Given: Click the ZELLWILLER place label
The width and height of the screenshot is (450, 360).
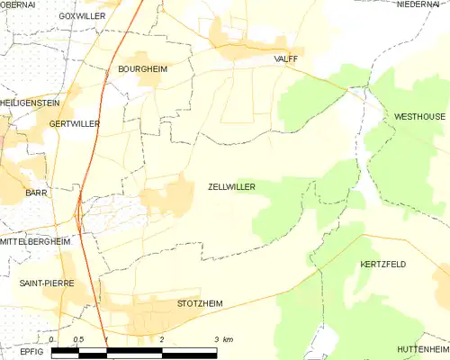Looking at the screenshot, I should (231, 187).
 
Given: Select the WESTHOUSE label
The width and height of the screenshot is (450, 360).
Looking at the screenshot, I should (419, 118).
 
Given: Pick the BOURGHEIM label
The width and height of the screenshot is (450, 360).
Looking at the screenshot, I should (143, 68).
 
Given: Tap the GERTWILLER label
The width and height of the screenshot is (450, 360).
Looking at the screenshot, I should (74, 123).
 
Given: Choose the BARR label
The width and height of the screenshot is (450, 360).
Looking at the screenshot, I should (36, 193).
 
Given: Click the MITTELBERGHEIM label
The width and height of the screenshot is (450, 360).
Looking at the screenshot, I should (36, 241).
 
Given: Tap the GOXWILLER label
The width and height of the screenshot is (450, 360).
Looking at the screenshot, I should (81, 16).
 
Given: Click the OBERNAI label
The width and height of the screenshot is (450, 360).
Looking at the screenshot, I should (18, 4).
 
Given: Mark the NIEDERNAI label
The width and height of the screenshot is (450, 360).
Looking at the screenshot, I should (417, 4).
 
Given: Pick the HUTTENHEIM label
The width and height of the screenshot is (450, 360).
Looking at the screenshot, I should (421, 348).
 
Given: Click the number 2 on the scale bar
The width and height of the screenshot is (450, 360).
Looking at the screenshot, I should (161, 339).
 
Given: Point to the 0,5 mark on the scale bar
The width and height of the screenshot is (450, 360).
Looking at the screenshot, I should (78, 339).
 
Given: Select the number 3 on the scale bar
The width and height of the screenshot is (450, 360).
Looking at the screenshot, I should (217, 339).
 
